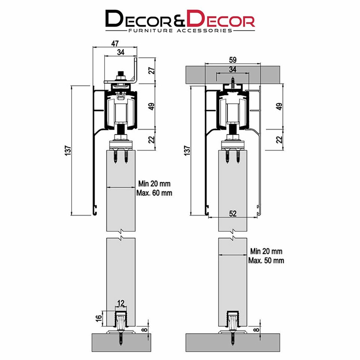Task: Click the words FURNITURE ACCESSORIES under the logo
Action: coord(180,30)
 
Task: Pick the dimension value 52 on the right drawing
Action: coord(233,213)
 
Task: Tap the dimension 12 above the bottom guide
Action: coord(120,302)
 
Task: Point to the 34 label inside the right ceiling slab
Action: coord(233,69)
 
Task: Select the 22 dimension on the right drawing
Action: coord(279,139)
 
